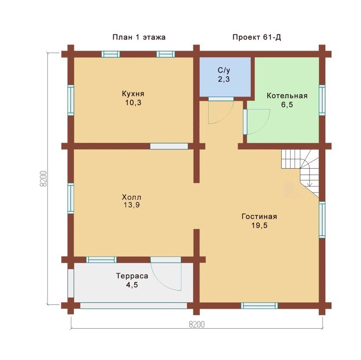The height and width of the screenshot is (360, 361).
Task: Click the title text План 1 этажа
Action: click(x=139, y=37)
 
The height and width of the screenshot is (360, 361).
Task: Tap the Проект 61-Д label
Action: click(x=257, y=37)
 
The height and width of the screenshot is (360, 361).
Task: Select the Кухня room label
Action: click(x=133, y=94)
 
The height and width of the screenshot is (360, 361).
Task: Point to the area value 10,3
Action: click(x=133, y=103)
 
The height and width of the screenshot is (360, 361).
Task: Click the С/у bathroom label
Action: click(x=224, y=71)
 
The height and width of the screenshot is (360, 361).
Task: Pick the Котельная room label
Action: click(x=287, y=96)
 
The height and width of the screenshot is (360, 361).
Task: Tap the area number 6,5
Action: click(x=287, y=104)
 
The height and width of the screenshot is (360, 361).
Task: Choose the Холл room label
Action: click(x=132, y=197)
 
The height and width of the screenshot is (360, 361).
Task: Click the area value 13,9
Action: click(x=132, y=205)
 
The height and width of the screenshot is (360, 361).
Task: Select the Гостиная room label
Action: click(x=259, y=216)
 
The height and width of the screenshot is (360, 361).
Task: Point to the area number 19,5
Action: click(x=259, y=225)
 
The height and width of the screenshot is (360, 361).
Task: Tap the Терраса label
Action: click(x=132, y=276)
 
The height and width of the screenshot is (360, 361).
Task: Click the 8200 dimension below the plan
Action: click(x=197, y=324)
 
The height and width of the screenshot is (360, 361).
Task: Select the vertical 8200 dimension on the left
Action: click(x=43, y=178)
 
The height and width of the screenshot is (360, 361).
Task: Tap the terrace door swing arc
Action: click(x=159, y=280)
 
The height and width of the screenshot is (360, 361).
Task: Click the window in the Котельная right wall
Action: click(x=322, y=100)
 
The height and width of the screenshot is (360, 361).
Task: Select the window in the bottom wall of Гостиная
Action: click(x=259, y=306)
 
